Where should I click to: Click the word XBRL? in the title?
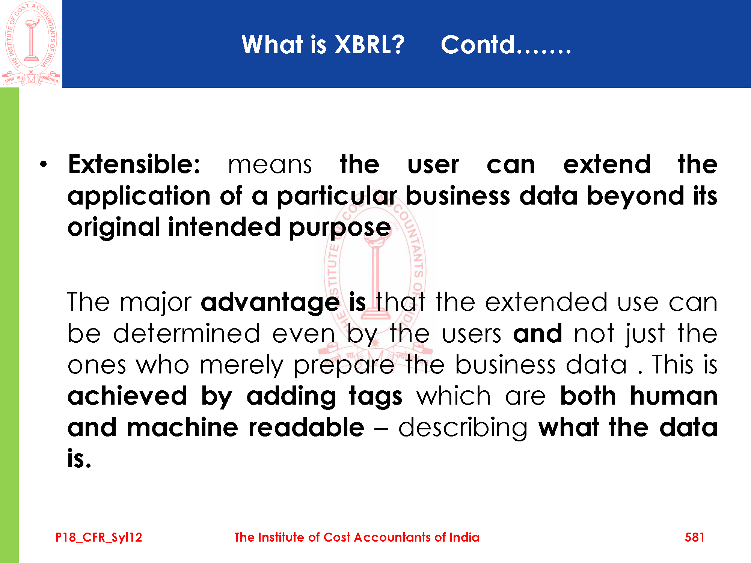369,45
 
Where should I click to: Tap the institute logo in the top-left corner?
31,44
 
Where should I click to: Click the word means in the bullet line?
270,166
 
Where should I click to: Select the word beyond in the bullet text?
636,196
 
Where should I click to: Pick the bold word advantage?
270,303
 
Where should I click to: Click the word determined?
187,333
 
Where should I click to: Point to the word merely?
241,365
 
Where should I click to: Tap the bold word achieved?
127,396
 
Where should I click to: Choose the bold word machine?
182,428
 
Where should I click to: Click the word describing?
463,428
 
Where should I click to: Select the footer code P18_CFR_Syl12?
99,537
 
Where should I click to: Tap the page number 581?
694,537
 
